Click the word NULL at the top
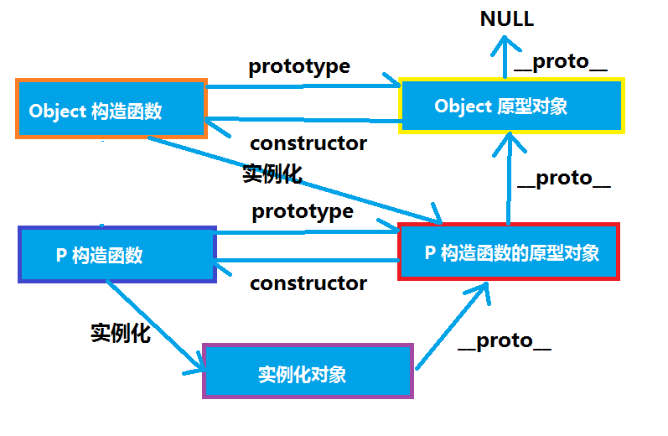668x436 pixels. (507, 19)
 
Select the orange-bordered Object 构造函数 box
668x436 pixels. (111, 109)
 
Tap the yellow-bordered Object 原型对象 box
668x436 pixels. (512, 106)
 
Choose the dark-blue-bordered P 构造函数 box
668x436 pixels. (117, 255)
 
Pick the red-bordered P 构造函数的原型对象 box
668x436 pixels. (510, 252)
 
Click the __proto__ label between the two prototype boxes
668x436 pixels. (563, 178)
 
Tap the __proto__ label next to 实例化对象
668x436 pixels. (505, 340)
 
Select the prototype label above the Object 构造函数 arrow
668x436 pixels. (298, 66)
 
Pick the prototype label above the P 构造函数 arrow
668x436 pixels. (303, 210)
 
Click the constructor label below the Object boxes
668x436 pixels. (308, 143)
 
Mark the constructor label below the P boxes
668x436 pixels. (308, 283)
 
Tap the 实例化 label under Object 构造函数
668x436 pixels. (272, 174)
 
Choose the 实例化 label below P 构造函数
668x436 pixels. (120, 332)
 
